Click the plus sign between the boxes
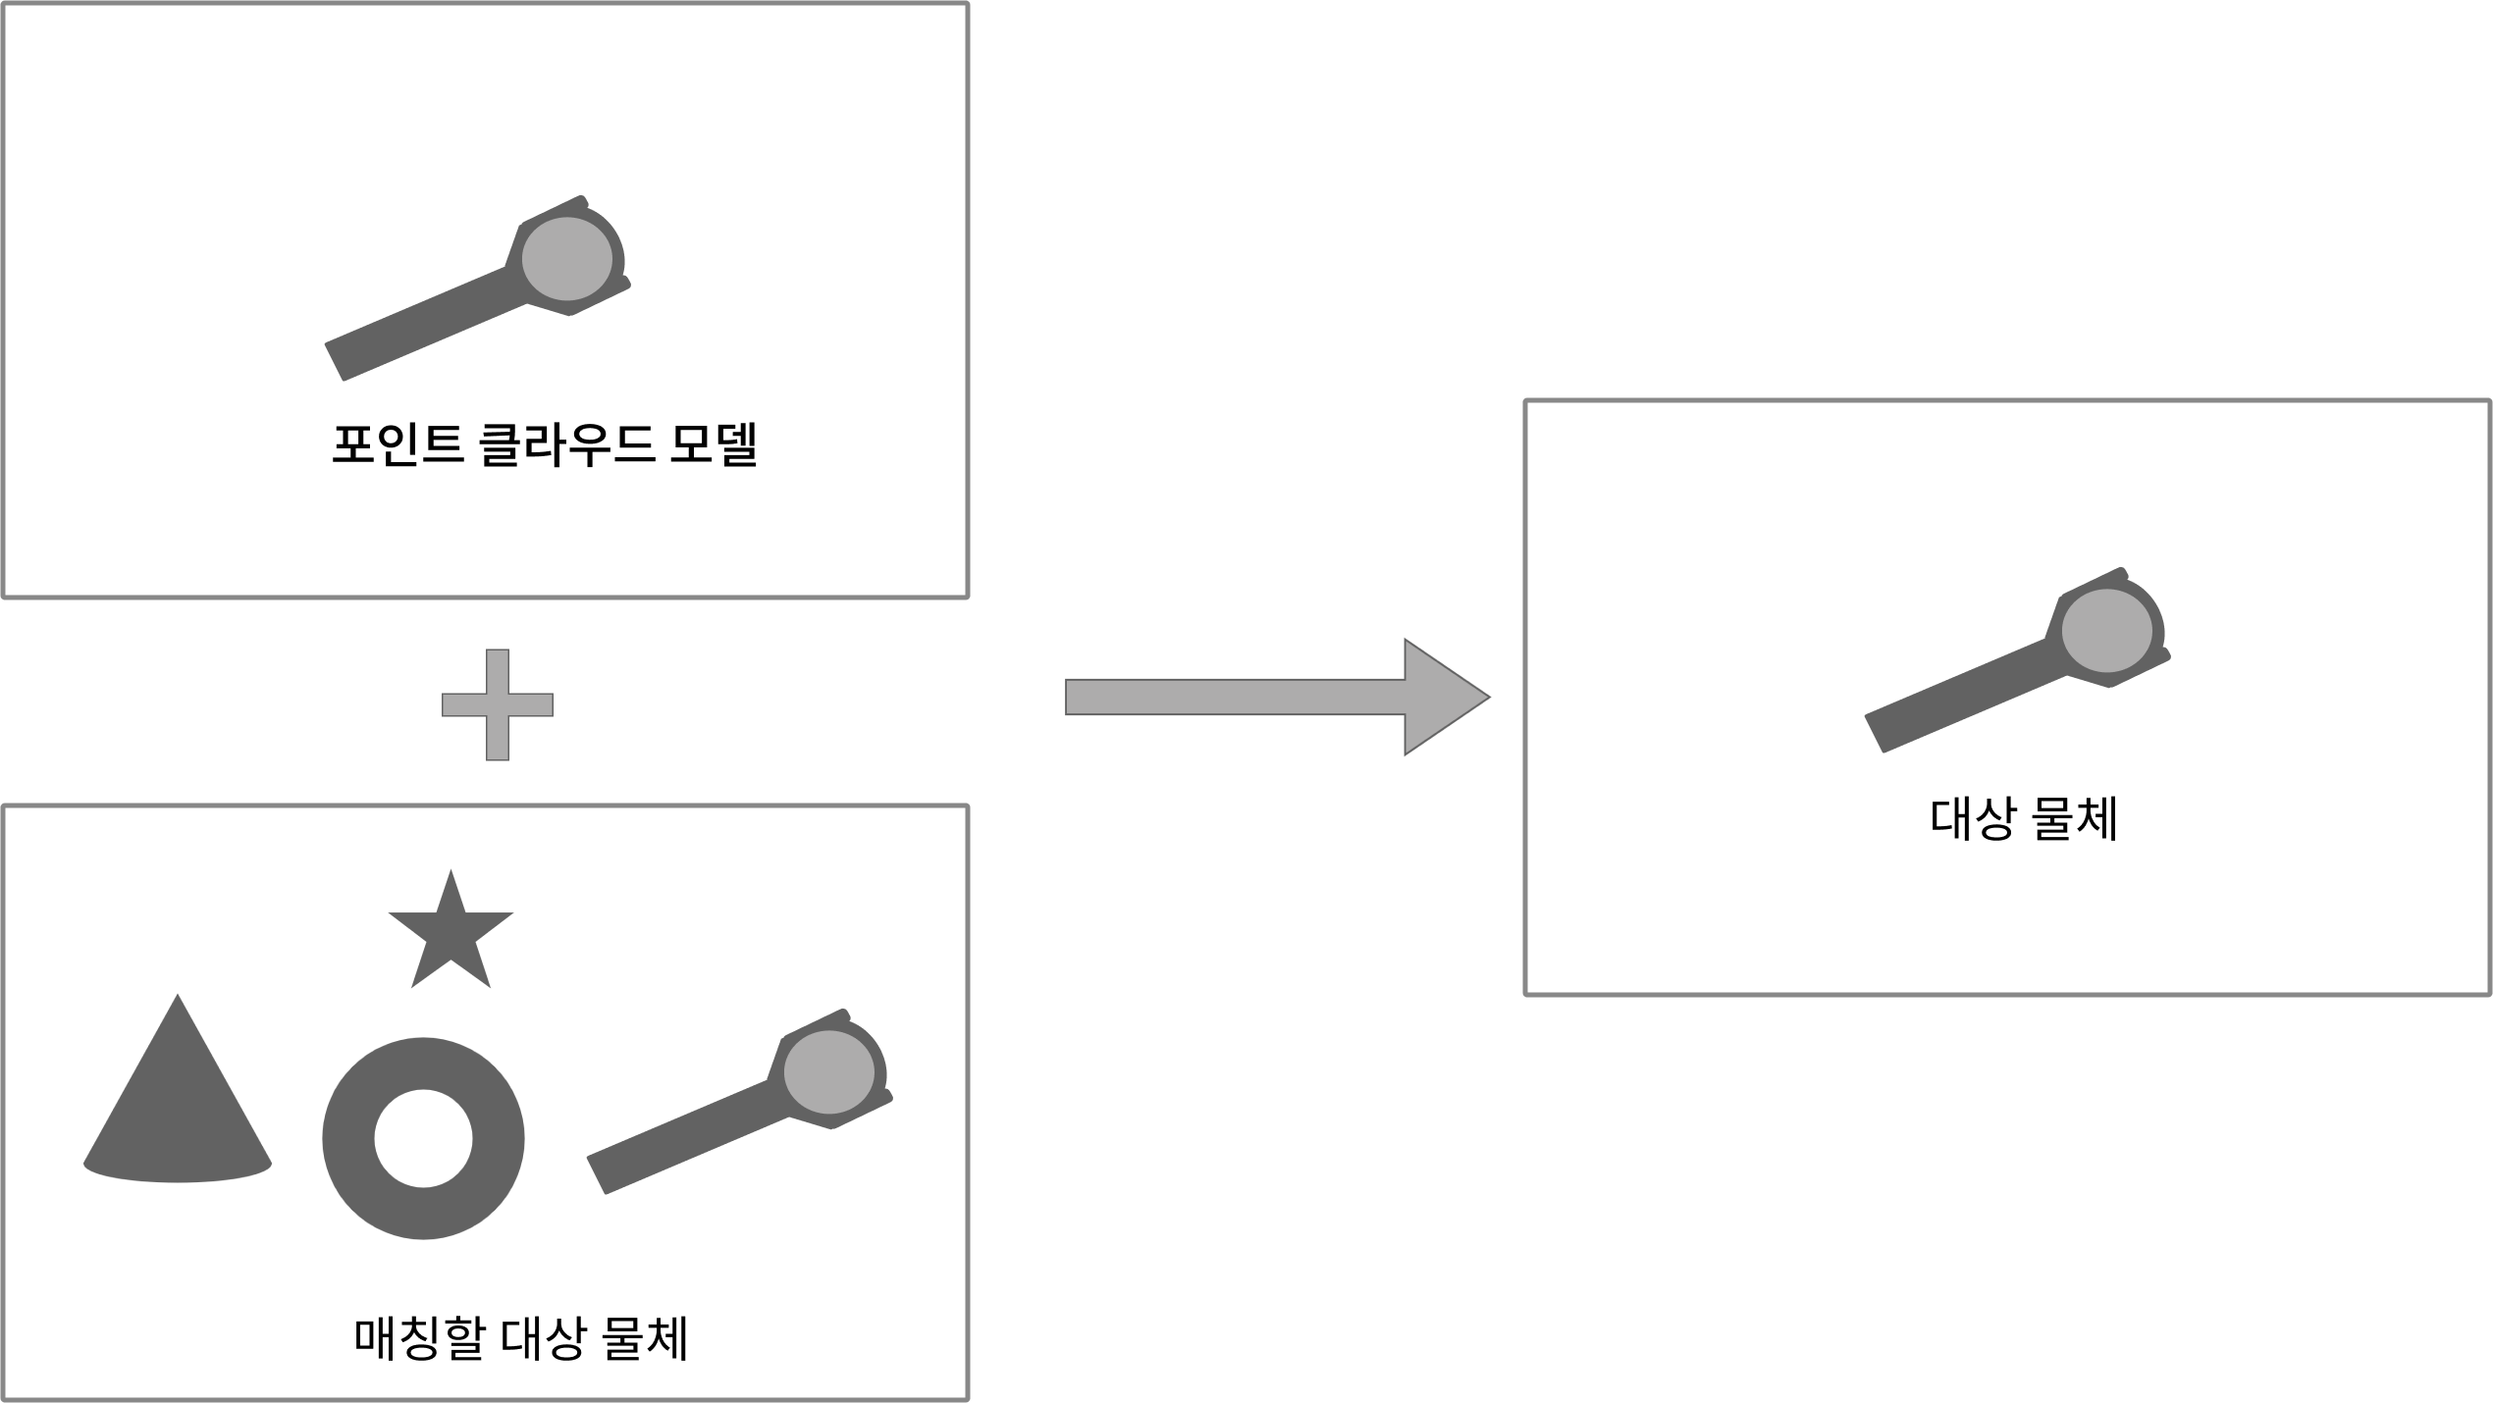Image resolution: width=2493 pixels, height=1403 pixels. coord(498,704)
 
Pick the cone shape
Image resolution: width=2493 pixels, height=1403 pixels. coord(178,1109)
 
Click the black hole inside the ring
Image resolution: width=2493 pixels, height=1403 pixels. coord(424,1139)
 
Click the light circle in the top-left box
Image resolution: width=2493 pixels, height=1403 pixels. coord(567,258)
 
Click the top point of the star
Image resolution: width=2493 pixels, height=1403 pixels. coord(451,872)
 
